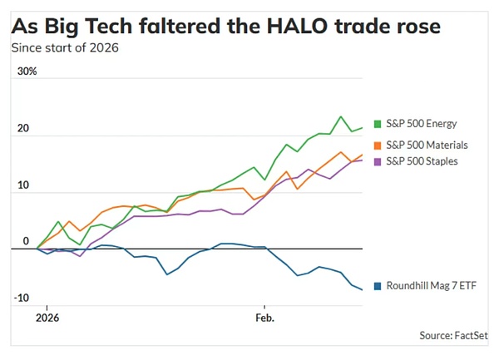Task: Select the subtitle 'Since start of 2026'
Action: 64,47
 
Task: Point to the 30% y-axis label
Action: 27,72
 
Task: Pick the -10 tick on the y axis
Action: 23,298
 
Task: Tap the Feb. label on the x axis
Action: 264,318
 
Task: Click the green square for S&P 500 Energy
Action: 378,124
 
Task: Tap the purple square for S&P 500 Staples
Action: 378,160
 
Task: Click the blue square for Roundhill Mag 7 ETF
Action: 378,286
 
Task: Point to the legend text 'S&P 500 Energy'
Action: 422,124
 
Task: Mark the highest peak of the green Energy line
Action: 341,116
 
